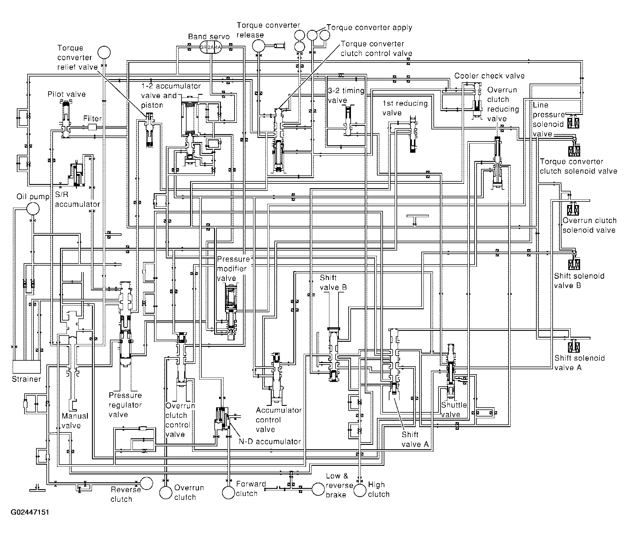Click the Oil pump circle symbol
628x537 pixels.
coord(33,208)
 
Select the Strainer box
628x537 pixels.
coord(26,367)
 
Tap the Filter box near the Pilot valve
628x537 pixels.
coord(92,128)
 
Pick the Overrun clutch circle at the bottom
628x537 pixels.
coord(166,492)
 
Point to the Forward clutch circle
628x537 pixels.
coord(229,492)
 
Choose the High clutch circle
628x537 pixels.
coord(360,490)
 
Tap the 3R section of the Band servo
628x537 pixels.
coord(203,47)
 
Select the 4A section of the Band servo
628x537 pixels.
coord(218,47)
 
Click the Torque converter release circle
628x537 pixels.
coord(258,46)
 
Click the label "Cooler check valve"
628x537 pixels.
coord(489,76)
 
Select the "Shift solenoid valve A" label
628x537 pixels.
coord(580,362)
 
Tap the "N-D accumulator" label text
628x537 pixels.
coord(270,441)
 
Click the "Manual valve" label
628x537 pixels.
coord(75,420)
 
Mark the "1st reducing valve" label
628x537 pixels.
coord(405,108)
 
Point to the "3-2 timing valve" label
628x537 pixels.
coord(346,95)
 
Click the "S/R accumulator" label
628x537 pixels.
coord(77,199)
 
